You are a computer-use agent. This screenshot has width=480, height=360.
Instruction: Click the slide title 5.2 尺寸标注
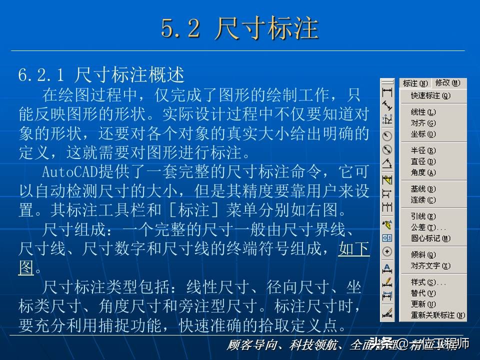pyautogui.click(x=239, y=28)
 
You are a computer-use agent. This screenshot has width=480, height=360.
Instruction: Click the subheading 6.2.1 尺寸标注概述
pyautogui.click(x=101, y=75)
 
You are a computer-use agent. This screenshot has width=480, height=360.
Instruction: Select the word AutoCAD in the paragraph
pyautogui.click(x=64, y=171)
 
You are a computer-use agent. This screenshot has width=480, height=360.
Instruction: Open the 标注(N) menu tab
pyautogui.click(x=415, y=83)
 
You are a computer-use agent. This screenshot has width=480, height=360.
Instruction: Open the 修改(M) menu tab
pyautogui.click(x=446, y=83)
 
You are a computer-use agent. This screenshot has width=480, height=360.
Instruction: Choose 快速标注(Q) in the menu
pyautogui.click(x=430, y=95)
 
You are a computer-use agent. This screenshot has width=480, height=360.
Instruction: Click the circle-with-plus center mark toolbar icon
pyautogui.click(x=387, y=251)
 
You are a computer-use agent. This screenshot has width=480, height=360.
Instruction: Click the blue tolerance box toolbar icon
pyautogui.click(x=387, y=237)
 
